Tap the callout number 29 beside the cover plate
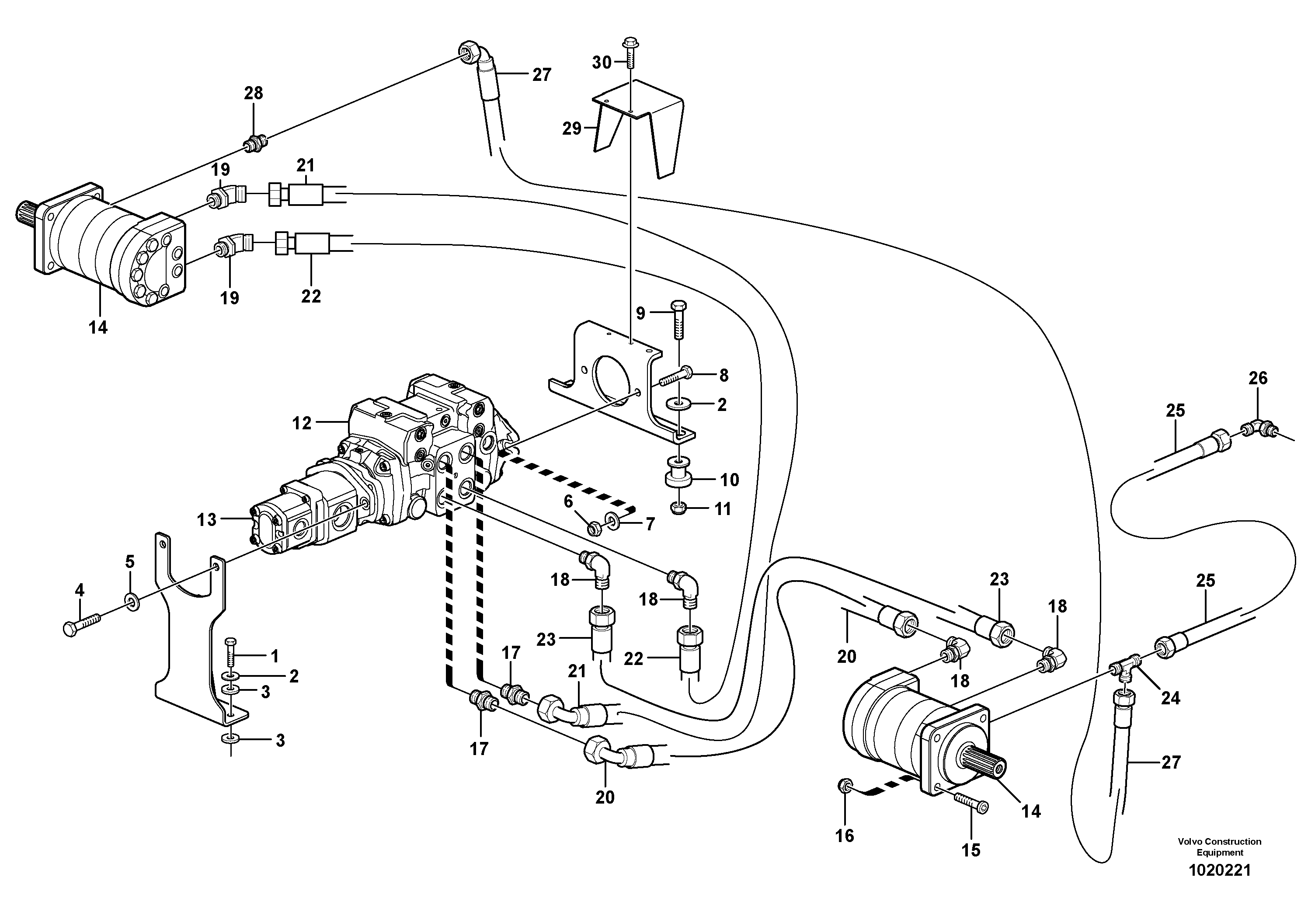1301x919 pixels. click(x=572, y=129)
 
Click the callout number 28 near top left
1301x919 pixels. click(x=253, y=93)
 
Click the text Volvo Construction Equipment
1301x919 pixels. click(x=1219, y=846)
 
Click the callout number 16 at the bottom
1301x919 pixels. click(x=844, y=835)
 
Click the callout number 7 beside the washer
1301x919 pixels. click(x=650, y=524)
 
